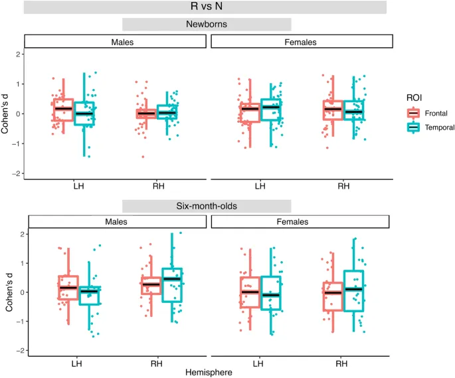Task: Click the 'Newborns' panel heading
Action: (207, 24)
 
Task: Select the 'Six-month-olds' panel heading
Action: (207, 205)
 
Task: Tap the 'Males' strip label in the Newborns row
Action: (115, 42)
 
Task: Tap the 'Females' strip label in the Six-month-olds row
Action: (302, 222)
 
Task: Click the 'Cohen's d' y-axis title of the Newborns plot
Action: (6, 113)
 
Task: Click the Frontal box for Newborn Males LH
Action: (64, 110)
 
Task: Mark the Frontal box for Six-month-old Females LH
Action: (250, 292)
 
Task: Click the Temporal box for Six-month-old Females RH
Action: (354, 290)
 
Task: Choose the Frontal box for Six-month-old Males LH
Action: (68, 288)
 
